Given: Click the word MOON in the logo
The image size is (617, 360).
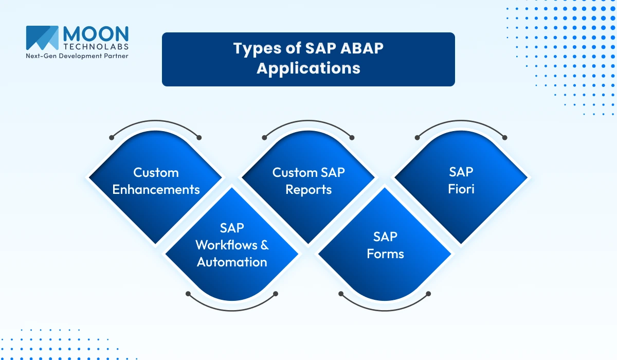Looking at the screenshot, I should [x=96, y=34].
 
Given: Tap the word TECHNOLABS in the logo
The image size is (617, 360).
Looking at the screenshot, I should [x=96, y=46].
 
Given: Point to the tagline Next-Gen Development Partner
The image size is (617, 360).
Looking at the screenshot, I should [x=77, y=56].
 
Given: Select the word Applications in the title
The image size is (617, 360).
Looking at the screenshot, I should [x=308, y=68].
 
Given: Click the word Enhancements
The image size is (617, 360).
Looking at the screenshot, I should [x=156, y=189].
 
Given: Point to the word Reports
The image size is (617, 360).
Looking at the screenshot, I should [x=308, y=189].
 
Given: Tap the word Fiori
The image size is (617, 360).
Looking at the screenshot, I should [x=461, y=189].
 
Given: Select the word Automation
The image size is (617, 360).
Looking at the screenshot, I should [x=232, y=262].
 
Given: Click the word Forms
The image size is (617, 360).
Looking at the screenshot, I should [x=385, y=254].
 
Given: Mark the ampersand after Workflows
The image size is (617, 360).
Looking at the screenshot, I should [x=264, y=245].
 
